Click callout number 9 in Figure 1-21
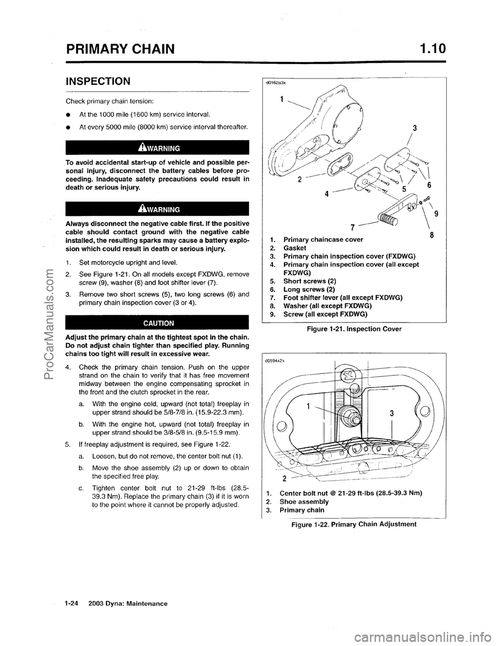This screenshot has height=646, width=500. [436, 212]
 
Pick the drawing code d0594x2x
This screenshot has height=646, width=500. [276, 359]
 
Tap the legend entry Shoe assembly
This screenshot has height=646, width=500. [304, 501]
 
